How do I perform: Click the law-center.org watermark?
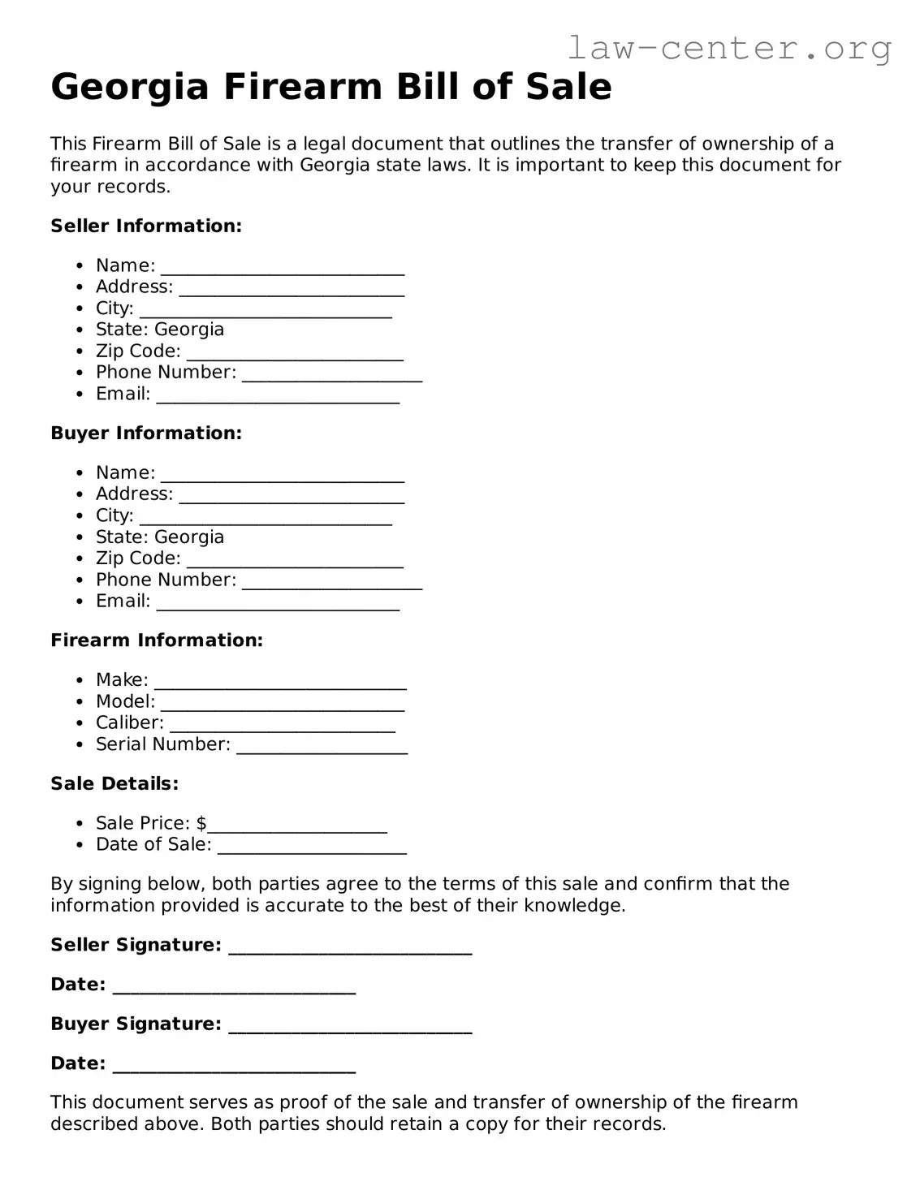click(729, 48)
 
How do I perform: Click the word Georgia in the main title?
click(130, 87)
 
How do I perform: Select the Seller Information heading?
click(146, 226)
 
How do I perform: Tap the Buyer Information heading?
click(146, 433)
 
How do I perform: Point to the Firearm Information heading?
click(157, 640)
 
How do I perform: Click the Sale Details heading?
click(114, 783)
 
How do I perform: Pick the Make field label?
click(122, 679)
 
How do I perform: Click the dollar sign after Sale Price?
click(201, 823)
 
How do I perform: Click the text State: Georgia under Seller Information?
click(160, 330)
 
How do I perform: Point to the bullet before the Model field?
click(79, 702)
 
